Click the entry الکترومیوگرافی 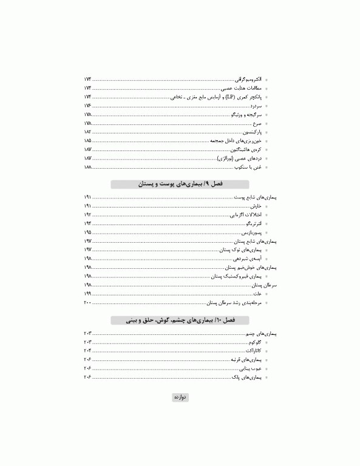coord(249,79)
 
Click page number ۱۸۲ coord(88,132)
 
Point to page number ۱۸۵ coord(88,141)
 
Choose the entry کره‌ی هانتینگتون coord(246,149)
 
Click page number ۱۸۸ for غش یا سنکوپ coord(88,167)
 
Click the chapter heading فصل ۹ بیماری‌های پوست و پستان coord(180,184)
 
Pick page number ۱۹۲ coord(88,215)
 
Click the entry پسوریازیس coord(253,232)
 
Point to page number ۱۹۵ coord(88,232)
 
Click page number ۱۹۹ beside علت coord(88,293)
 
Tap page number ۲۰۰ coord(88,302)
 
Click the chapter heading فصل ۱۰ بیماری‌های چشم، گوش coord(180,320)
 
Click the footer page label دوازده coord(180,397)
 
